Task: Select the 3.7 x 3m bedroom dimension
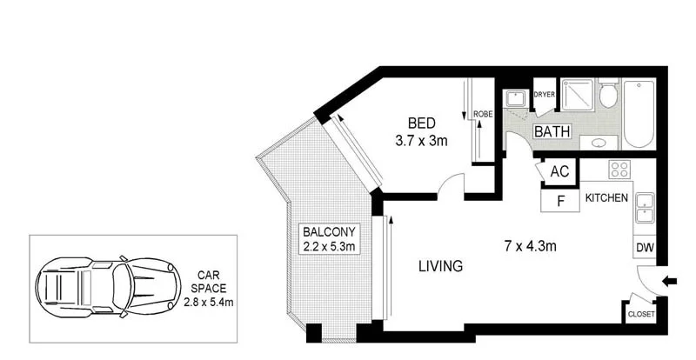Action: (421, 140)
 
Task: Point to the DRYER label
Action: (544, 94)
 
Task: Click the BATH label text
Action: (552, 132)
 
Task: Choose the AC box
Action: (559, 171)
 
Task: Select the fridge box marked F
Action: (560, 201)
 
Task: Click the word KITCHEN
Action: (606, 198)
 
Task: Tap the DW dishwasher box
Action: (645, 248)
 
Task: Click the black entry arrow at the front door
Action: (669, 281)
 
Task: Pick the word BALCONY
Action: (327, 231)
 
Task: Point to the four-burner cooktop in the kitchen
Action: (619, 170)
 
